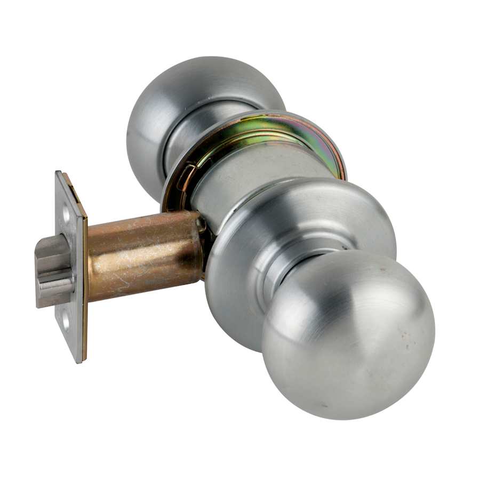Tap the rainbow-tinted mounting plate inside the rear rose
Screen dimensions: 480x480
277,133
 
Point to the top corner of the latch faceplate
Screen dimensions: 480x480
58,173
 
